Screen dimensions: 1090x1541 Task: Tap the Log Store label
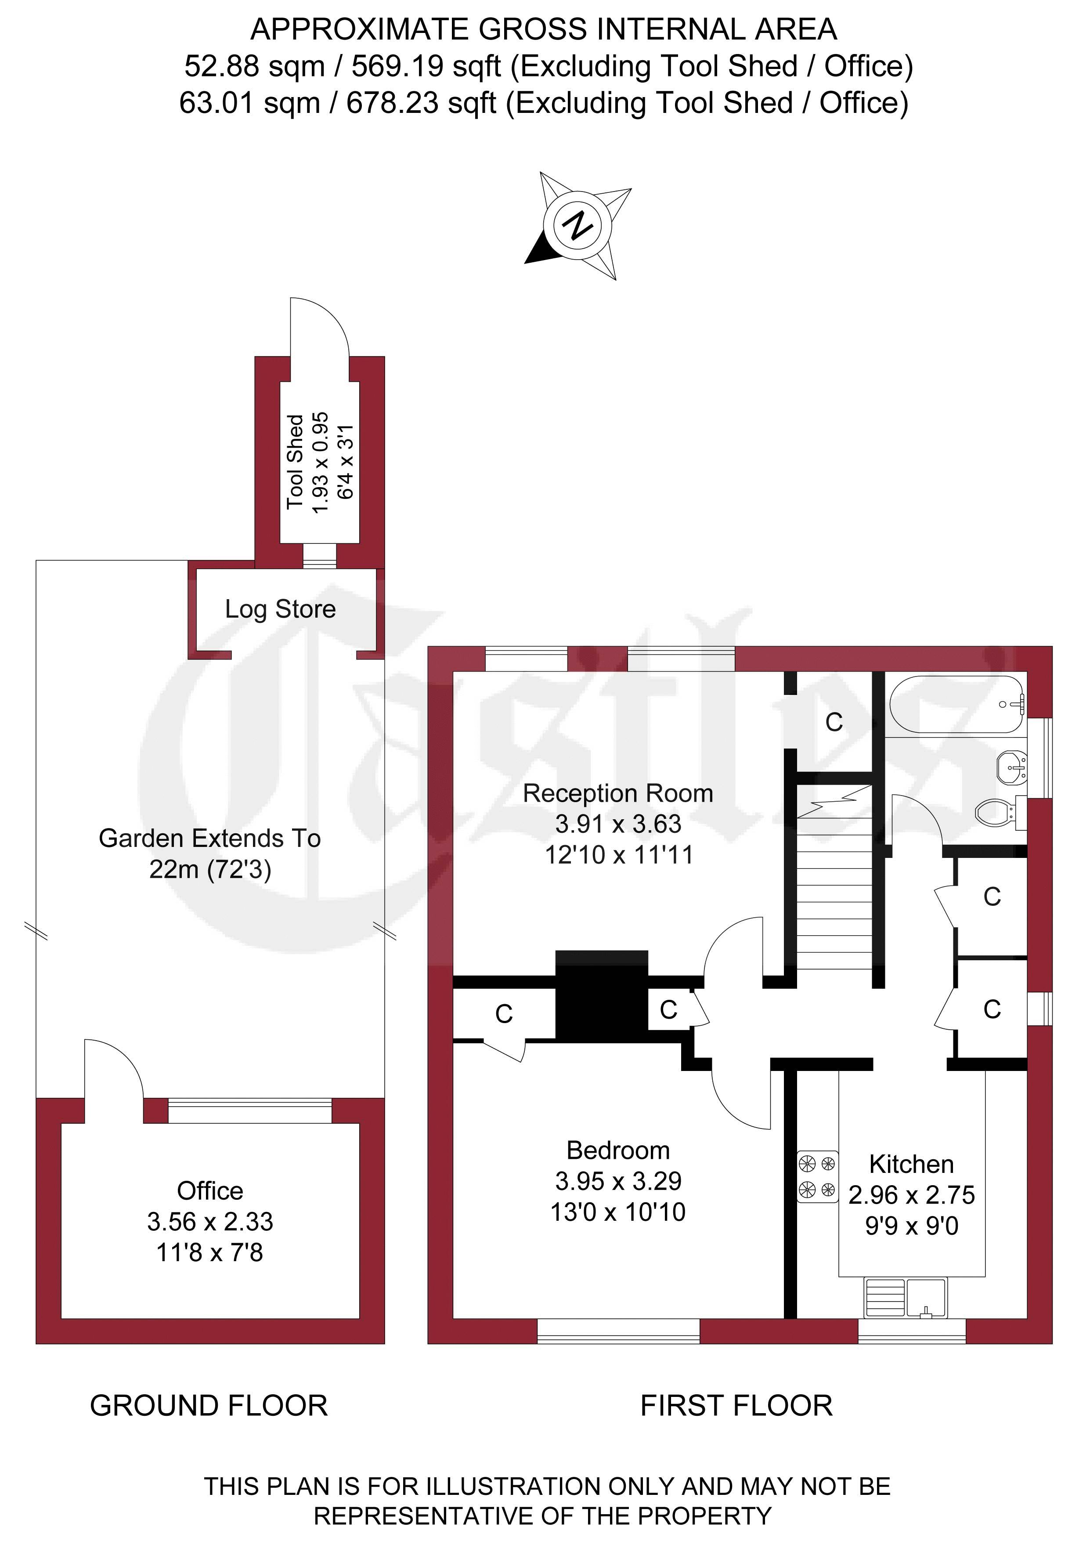pyautogui.click(x=281, y=609)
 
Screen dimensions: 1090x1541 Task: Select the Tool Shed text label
pyautogui.click(x=295, y=462)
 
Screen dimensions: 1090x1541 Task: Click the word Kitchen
pyautogui.click(x=911, y=1164)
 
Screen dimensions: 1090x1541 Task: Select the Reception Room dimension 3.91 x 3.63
pyautogui.click(x=618, y=824)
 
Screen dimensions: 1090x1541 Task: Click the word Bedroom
pyautogui.click(x=618, y=1150)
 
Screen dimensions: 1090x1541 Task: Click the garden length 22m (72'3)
pyautogui.click(x=210, y=870)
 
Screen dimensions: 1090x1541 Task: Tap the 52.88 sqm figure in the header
pyautogui.click(x=254, y=66)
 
